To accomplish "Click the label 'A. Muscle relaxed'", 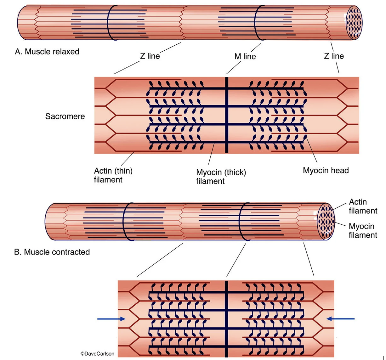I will [47, 52].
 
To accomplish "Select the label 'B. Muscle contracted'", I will [52, 252].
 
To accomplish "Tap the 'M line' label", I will [245, 56].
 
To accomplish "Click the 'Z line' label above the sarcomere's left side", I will [150, 56].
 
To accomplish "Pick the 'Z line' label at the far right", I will [334, 56].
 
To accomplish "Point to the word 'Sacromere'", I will [65, 116].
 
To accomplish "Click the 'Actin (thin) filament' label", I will [113, 175].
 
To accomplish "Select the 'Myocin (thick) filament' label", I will [221, 177].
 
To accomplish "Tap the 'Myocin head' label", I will [326, 171].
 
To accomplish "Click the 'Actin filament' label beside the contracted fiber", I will [363, 206].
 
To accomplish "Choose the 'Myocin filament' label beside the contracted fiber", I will [363, 231].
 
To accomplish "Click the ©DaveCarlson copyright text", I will [97, 354].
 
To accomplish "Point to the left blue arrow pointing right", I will [111, 319].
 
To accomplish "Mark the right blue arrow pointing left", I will [341, 319].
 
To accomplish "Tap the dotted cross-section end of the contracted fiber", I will [326, 221].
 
